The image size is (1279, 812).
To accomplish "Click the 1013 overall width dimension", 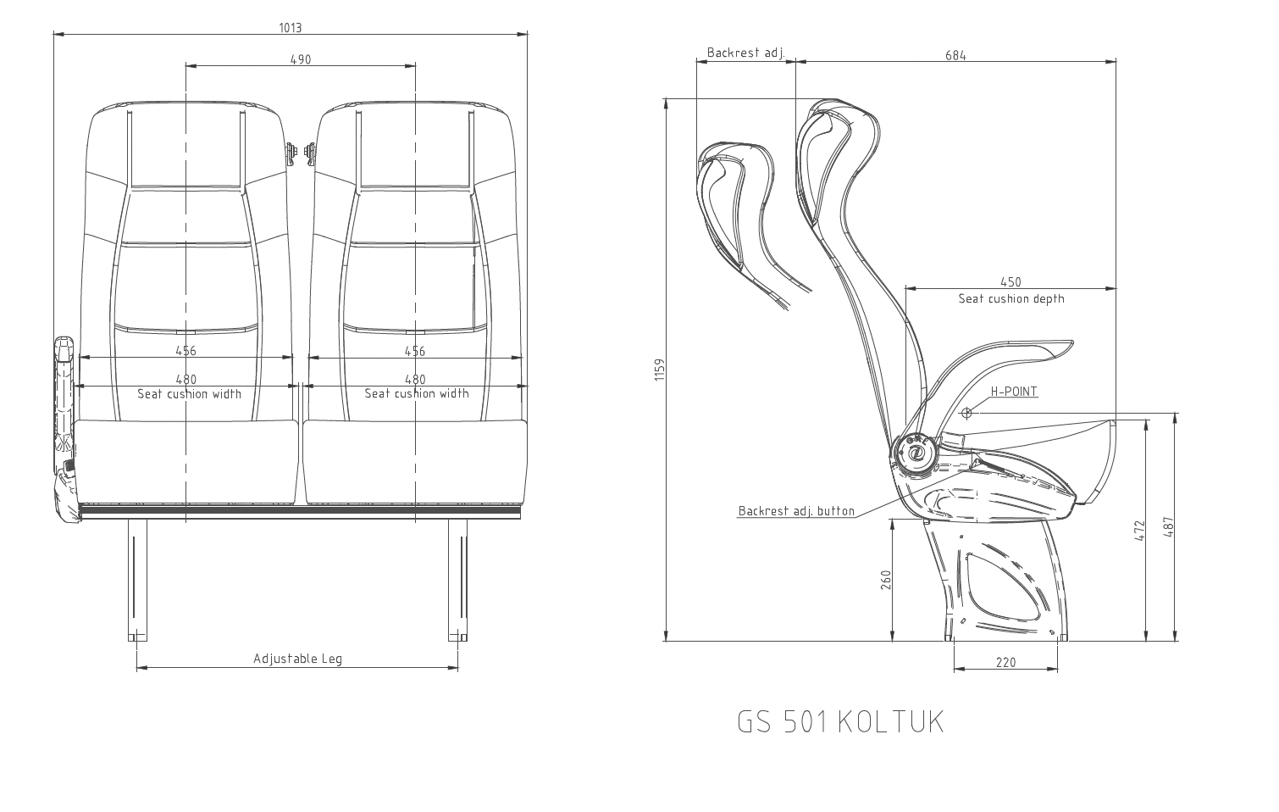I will pyautogui.click(x=291, y=27).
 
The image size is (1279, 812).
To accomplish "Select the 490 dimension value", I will pyautogui.click(x=301, y=59).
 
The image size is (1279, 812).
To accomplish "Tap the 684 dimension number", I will pyautogui.click(x=955, y=56).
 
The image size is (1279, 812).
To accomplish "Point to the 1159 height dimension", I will pyautogui.click(x=661, y=370).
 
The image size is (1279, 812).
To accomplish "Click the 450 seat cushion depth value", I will pyautogui.click(x=1010, y=282).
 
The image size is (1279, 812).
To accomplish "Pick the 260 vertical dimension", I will pyautogui.click(x=886, y=581).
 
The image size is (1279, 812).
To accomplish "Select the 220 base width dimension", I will pyautogui.click(x=1005, y=662).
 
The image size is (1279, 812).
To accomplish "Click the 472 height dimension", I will pyautogui.click(x=1139, y=531).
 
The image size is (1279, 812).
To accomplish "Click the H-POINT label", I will pyautogui.click(x=1014, y=392).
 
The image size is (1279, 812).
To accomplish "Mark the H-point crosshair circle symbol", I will pyautogui.click(x=966, y=413).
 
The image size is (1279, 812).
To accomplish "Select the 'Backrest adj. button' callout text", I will pyautogui.click(x=796, y=511).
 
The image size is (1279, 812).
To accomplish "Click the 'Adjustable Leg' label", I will pyautogui.click(x=297, y=659).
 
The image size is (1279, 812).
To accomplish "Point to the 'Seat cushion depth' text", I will pyautogui.click(x=1010, y=298).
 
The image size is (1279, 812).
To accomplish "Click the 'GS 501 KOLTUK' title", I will pyautogui.click(x=839, y=722).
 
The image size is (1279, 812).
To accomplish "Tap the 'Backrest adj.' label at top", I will pyautogui.click(x=745, y=53).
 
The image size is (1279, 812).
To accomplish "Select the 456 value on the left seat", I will pyautogui.click(x=185, y=351).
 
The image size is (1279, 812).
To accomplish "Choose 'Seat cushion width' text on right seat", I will pyautogui.click(x=416, y=393).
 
